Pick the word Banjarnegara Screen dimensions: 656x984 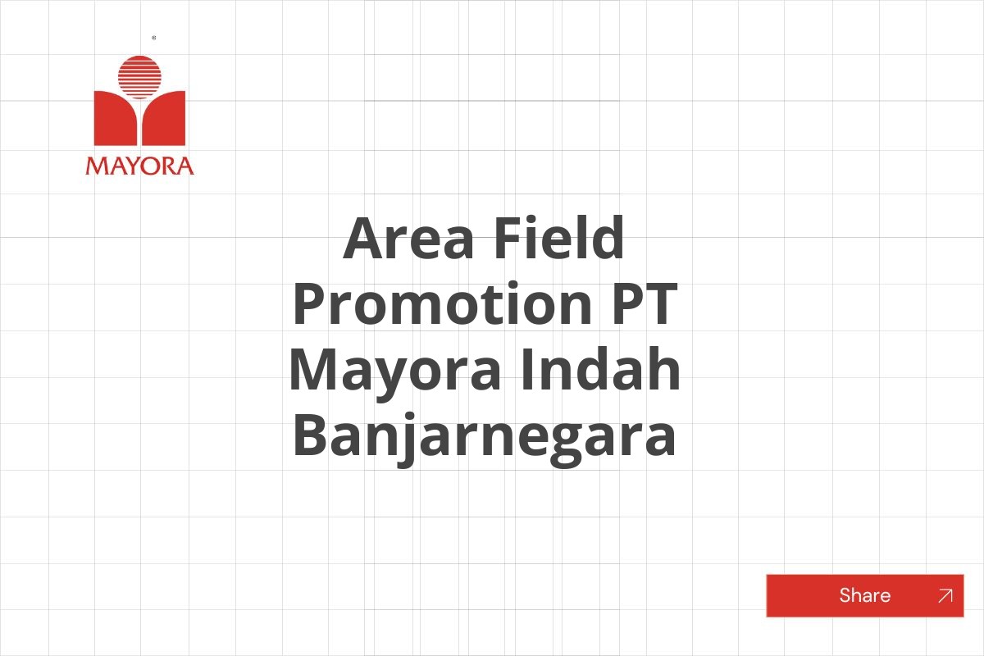[484, 437]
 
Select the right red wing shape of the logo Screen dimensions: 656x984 [166, 120]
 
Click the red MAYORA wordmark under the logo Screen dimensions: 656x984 [139, 166]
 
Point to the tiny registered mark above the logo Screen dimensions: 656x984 [154, 38]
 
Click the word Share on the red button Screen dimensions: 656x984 [864, 595]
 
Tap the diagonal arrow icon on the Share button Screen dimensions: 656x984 [945, 596]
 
